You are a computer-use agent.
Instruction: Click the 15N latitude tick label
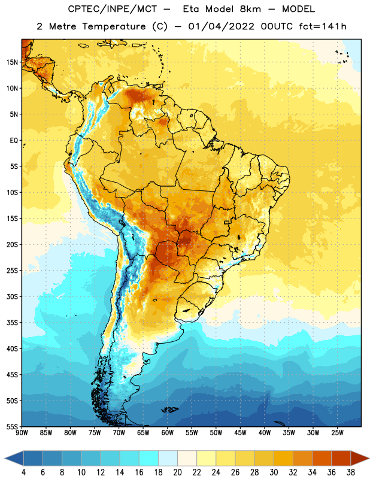click(12, 62)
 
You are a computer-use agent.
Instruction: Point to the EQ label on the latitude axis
click(14, 141)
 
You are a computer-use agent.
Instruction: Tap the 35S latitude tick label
click(12, 323)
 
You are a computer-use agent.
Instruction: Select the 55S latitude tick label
click(12, 426)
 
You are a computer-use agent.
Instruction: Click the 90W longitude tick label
click(22, 433)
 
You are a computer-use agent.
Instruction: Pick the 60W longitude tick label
click(168, 433)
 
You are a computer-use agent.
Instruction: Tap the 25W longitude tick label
click(337, 433)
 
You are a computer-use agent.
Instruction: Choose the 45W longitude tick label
click(240, 433)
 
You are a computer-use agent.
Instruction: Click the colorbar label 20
click(177, 472)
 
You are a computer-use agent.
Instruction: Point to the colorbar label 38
click(351, 472)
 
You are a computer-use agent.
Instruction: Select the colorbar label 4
click(23, 472)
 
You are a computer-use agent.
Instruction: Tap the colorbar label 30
click(274, 472)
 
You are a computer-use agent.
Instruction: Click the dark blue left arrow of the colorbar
click(14, 458)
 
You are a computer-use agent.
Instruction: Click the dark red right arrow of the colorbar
click(360, 458)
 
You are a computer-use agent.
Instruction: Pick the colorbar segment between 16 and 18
click(148, 458)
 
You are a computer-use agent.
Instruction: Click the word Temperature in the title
click(114, 26)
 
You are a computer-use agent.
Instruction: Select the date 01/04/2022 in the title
click(221, 26)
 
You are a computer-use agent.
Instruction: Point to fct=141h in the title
click(323, 26)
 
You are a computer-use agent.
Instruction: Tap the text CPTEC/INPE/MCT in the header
click(113, 9)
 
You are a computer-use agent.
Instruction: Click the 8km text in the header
click(250, 9)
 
